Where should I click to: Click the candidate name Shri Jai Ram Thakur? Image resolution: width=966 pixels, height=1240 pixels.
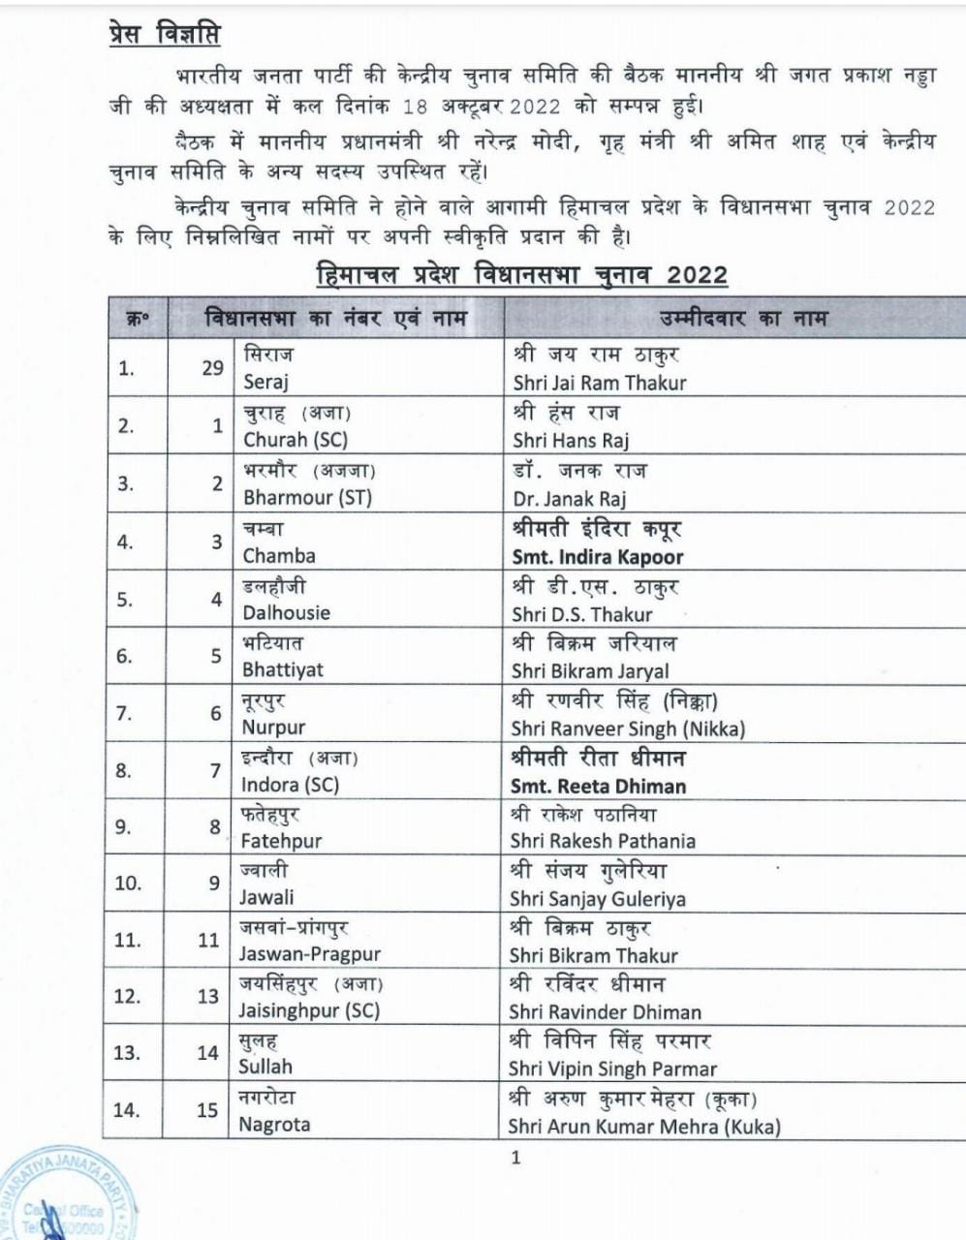[x=599, y=383]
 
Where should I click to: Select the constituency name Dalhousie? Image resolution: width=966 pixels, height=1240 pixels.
[x=286, y=612]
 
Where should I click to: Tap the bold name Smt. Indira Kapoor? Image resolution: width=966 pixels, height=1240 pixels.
[x=598, y=557]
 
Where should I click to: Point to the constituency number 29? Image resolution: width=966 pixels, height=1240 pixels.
[x=212, y=368]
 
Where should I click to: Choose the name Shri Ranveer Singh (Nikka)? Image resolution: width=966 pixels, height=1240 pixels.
[x=628, y=728]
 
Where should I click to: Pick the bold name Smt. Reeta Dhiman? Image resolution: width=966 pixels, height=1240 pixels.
[x=598, y=786]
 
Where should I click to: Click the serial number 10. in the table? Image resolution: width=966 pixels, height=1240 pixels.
[x=128, y=883]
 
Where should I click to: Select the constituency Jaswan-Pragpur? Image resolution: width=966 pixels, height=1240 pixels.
[x=310, y=954]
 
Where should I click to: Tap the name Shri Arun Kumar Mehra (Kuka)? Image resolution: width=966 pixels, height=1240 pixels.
[x=644, y=1127]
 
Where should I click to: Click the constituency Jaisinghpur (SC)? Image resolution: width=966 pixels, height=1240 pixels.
[x=309, y=1010]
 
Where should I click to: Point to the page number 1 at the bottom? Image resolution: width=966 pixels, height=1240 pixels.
[x=515, y=1157]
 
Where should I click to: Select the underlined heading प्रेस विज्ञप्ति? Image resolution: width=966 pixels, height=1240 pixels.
[x=164, y=36]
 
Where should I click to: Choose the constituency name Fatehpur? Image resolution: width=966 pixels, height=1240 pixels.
[x=281, y=841]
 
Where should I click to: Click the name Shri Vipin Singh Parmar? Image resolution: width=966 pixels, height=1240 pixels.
[x=612, y=1069]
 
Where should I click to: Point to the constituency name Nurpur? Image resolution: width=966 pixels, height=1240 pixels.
[x=273, y=727]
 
